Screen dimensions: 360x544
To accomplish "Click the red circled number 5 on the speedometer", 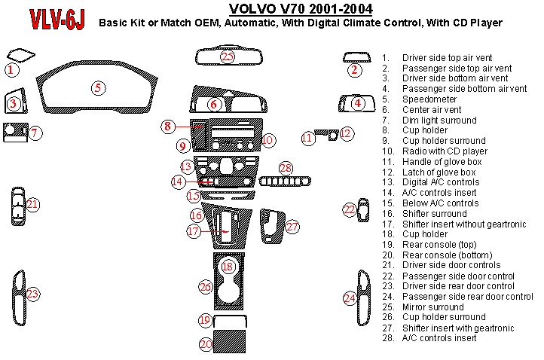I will pyautogui.click(x=98, y=87).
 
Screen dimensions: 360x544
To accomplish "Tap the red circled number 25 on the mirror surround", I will pyautogui.click(x=228, y=56).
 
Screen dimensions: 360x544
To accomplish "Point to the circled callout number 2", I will pyautogui.click(x=355, y=70).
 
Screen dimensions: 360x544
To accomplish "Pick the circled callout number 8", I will pyautogui.click(x=168, y=126).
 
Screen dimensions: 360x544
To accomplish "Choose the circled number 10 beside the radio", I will pyautogui.click(x=268, y=139).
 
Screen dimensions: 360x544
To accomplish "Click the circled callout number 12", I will pyautogui.click(x=346, y=133).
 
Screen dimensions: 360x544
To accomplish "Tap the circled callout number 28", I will pyautogui.click(x=285, y=167).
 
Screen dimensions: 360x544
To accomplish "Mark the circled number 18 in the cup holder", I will pyautogui.click(x=228, y=266).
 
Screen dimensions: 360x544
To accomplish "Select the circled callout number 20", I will pyautogui.click(x=206, y=344).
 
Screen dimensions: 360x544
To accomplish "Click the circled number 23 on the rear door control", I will pyautogui.click(x=32, y=294).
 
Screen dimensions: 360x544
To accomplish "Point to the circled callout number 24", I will pyautogui.click(x=350, y=298).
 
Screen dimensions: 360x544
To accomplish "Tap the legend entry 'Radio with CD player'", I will pyautogui.click(x=445, y=151).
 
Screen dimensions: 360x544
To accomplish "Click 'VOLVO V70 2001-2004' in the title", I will pyautogui.click(x=289, y=10).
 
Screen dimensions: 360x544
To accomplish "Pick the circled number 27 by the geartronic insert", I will pyautogui.click(x=292, y=226).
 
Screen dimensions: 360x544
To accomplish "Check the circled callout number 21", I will pyautogui.click(x=32, y=204).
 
